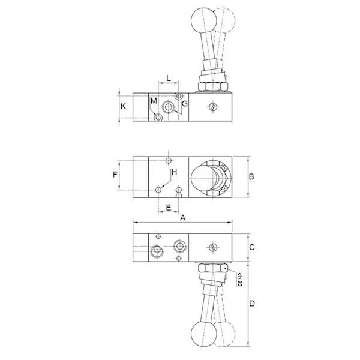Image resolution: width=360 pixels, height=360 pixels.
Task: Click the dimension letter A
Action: (184, 220)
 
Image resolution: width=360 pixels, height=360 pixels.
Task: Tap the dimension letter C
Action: (253, 247)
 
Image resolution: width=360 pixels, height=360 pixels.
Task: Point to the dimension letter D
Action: (253, 304)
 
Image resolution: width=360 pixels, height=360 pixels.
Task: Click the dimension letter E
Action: (169, 207)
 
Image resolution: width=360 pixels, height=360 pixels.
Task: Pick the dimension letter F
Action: (115, 176)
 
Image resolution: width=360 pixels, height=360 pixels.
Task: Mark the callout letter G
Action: (185, 104)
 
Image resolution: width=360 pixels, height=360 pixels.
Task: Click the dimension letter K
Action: (123, 106)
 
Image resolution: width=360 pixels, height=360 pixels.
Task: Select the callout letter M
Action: (153, 100)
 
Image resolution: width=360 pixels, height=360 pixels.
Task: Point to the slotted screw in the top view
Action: (214, 107)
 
